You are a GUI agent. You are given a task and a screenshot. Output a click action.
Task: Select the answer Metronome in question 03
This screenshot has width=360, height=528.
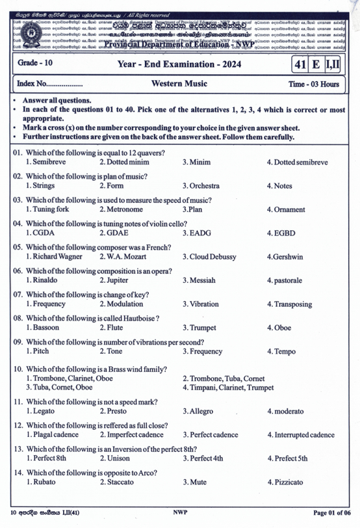click(121, 209)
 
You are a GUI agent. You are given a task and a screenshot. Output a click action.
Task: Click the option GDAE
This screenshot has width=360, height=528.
click(116, 233)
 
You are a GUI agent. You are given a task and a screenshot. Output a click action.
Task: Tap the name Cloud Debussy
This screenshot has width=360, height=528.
click(207, 256)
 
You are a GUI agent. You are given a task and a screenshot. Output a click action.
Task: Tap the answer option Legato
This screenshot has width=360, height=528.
click(42, 412)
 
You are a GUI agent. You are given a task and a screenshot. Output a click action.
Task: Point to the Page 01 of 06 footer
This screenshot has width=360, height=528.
click(331, 513)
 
